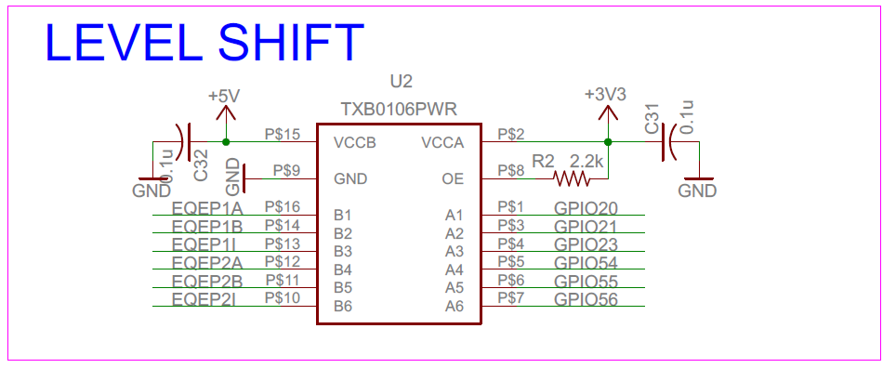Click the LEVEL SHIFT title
204,44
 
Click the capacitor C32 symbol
185,142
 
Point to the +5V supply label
224,96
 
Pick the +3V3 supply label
605,95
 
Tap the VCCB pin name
354,143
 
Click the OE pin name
453,178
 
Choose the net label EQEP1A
207,208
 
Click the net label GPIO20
586,208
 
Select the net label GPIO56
586,298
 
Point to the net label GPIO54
586,263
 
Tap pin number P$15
283,135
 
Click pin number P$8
511,171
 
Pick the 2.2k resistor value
587,162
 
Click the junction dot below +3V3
607,142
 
